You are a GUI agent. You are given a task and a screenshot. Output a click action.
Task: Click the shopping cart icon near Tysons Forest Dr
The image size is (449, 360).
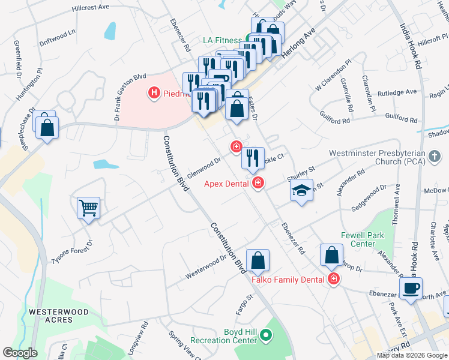[88, 208]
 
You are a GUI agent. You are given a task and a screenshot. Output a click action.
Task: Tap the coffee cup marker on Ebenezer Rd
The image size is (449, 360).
[411, 287]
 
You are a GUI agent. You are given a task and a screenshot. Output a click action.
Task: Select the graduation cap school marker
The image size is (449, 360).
[303, 191]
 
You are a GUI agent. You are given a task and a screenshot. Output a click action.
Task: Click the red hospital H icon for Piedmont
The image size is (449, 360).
[154, 93]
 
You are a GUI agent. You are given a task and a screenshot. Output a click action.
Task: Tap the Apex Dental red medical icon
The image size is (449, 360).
[258, 184]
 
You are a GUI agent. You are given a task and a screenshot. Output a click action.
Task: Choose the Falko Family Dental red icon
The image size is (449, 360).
[333, 278]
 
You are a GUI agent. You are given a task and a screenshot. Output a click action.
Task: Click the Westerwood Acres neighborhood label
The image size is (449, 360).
[59, 316]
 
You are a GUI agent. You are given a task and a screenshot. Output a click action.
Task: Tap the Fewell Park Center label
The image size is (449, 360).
[362, 239]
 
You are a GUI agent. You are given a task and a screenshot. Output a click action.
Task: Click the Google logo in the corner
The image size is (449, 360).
[20, 353]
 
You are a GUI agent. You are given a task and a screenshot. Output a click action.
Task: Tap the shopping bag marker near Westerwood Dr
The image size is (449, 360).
[258, 260]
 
